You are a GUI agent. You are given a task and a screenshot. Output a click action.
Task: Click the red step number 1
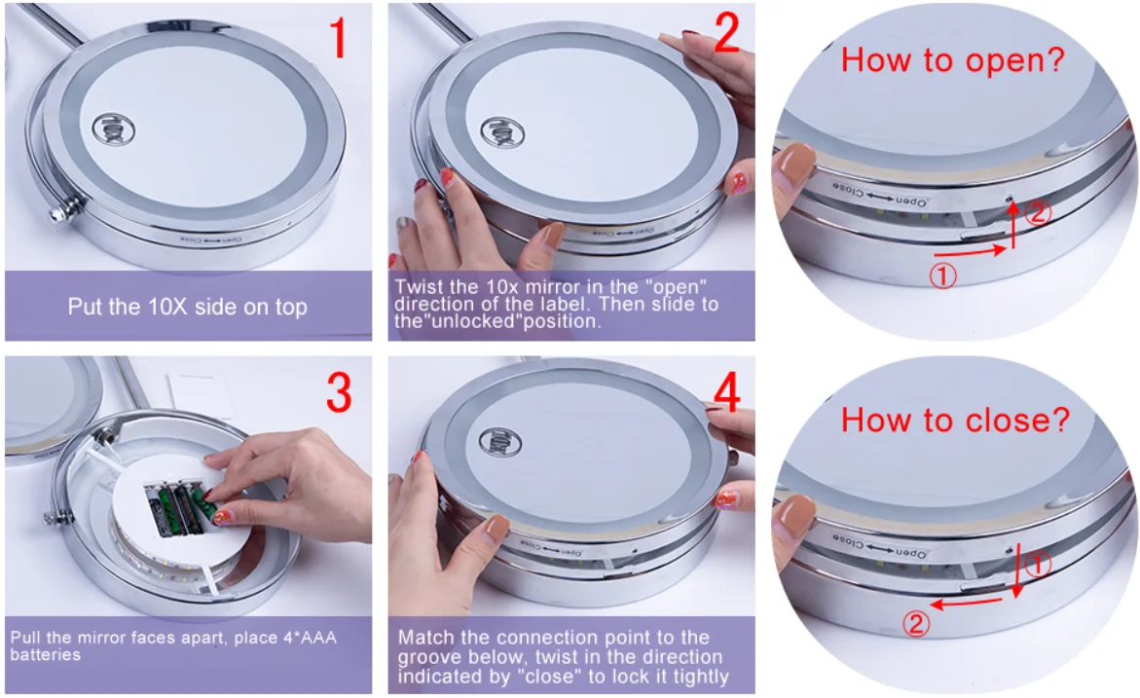click(338, 37)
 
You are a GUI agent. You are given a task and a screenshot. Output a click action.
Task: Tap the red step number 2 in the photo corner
click(726, 33)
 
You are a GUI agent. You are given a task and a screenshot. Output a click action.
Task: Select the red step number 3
click(339, 393)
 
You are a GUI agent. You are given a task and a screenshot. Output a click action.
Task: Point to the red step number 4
click(727, 392)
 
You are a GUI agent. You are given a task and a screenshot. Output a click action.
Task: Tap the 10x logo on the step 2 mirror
click(502, 132)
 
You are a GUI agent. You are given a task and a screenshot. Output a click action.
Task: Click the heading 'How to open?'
click(952, 60)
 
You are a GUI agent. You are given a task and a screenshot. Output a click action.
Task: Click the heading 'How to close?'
click(955, 421)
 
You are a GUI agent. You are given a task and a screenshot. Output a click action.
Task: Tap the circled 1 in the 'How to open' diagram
click(943, 276)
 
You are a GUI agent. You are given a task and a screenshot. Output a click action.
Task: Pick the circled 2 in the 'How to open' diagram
click(1038, 212)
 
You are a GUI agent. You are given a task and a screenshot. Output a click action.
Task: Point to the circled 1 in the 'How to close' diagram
click(1038, 565)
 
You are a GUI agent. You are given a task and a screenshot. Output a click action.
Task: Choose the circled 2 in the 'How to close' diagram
click(916, 624)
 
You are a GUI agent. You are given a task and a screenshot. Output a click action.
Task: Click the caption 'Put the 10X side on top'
click(188, 307)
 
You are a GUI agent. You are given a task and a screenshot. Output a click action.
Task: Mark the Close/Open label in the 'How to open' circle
click(880, 194)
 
